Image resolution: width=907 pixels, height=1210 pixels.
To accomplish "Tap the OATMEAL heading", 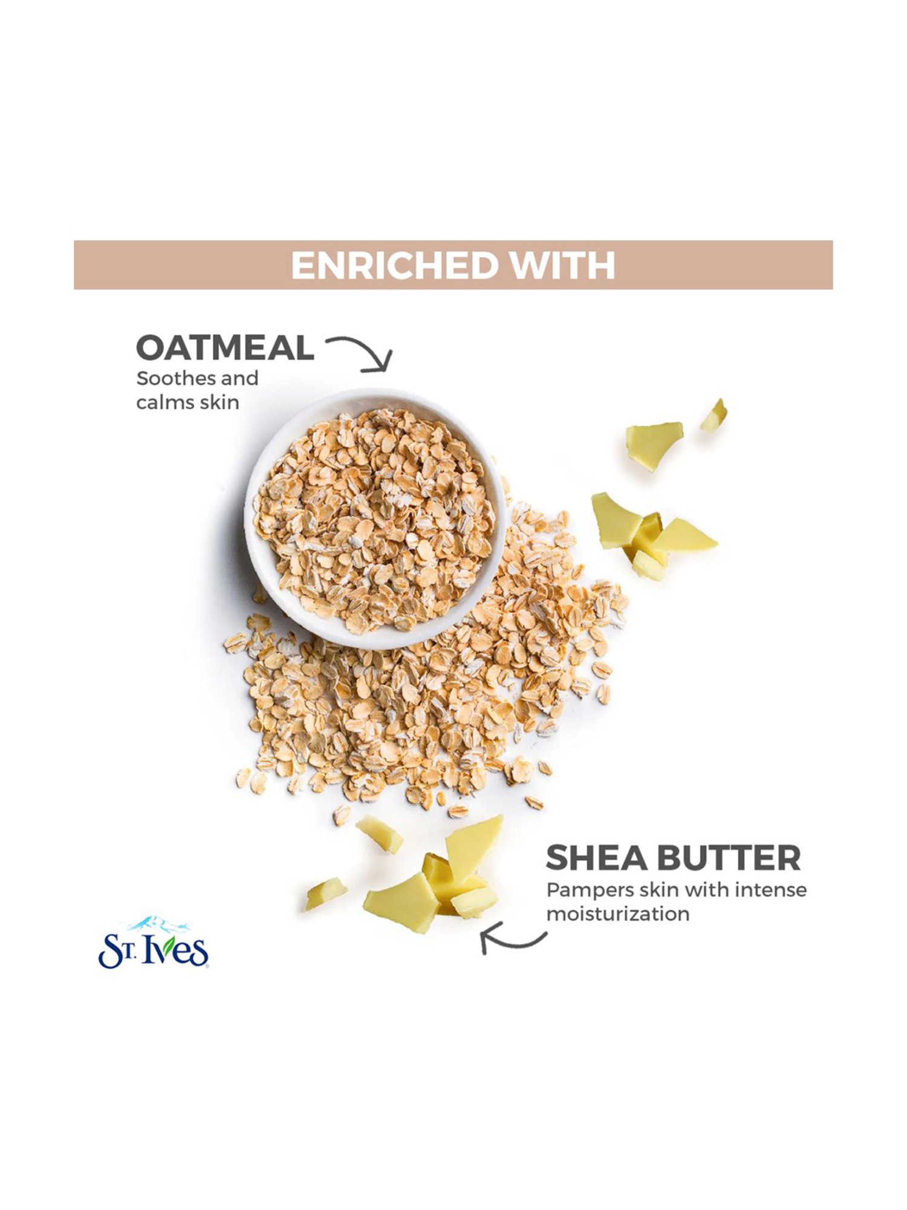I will tap(225, 348).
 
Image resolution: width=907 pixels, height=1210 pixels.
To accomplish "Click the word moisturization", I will tap(617, 914).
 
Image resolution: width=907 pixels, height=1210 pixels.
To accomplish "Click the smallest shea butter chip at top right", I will tap(714, 416).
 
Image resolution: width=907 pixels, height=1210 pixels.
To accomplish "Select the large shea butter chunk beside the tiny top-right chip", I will tap(653, 445).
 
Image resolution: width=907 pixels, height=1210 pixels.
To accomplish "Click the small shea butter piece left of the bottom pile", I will tap(325, 894).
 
